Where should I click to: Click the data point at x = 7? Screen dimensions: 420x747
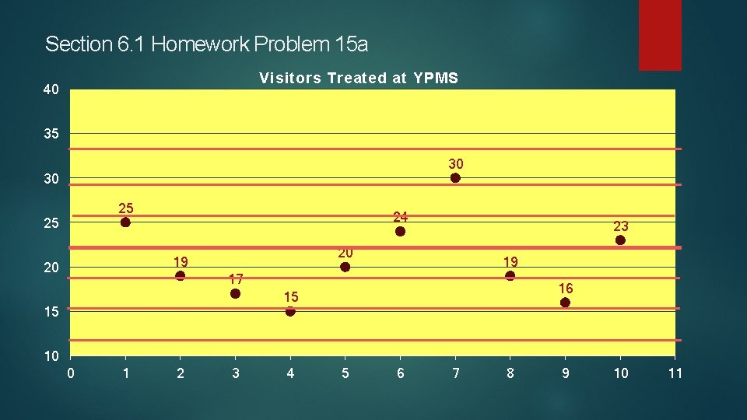pyautogui.click(x=455, y=178)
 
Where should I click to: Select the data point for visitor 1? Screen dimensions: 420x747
pyautogui.click(x=125, y=222)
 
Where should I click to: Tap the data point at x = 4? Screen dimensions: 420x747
pyautogui.click(x=290, y=311)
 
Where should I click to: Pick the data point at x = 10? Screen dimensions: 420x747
pyautogui.click(x=620, y=240)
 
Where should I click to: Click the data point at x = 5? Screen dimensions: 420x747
pyautogui.click(x=345, y=268)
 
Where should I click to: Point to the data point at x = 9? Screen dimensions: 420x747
pyautogui.click(x=565, y=303)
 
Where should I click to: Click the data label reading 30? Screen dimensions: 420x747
pyautogui.click(x=456, y=164)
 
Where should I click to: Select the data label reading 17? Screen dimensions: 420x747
pyautogui.click(x=236, y=279)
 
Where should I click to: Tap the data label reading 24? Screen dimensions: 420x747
pyautogui.click(x=401, y=217)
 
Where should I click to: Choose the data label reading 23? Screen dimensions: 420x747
pyautogui.click(x=620, y=226)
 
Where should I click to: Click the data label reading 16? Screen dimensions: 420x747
pyautogui.click(x=566, y=289)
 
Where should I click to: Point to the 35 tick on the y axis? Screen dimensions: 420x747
pyautogui.click(x=51, y=135)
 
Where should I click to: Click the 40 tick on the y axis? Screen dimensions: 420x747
pyautogui.click(x=51, y=90)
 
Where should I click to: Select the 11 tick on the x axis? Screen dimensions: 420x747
pyautogui.click(x=675, y=373)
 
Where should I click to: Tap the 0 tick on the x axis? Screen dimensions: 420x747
pyautogui.click(x=71, y=373)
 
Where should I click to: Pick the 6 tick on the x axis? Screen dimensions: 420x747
pyautogui.click(x=401, y=373)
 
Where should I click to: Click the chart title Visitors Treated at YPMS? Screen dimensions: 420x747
pyautogui.click(x=359, y=78)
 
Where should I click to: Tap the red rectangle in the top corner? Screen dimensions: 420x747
pyautogui.click(x=660, y=35)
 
